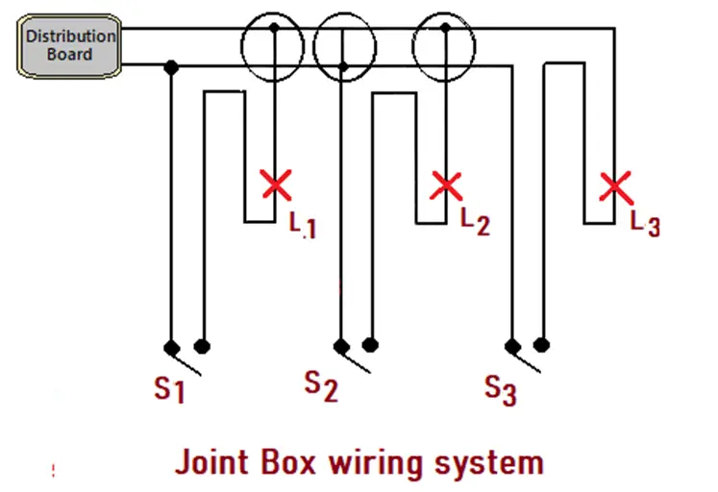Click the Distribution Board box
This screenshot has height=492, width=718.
[x=70, y=45]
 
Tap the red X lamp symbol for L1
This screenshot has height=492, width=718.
[x=277, y=184]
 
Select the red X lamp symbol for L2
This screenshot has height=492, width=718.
[x=446, y=184]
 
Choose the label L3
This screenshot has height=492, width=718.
[x=645, y=223]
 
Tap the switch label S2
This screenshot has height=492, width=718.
[x=321, y=384]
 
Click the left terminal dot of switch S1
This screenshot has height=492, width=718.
[x=171, y=347]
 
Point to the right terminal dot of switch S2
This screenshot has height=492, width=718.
[x=371, y=344]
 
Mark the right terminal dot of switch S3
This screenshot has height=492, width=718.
[x=542, y=344]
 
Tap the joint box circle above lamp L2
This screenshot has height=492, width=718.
[x=444, y=43]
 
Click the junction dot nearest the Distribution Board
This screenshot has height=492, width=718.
[x=171, y=67]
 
